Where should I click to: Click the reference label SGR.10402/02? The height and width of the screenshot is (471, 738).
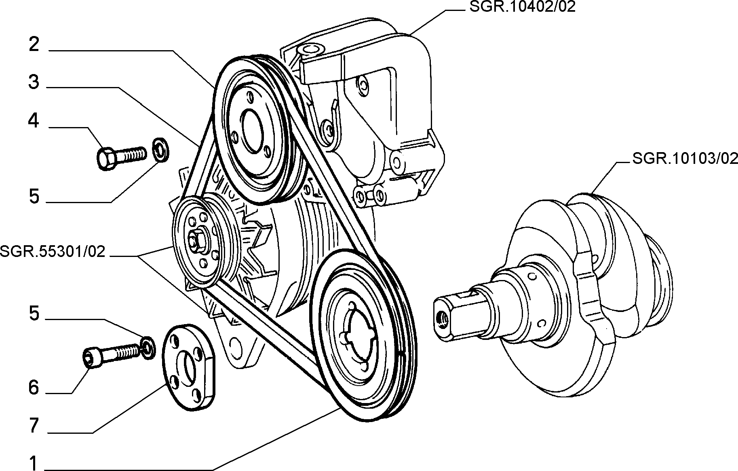click(522, 7)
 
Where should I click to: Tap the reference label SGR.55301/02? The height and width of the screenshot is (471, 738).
click(53, 252)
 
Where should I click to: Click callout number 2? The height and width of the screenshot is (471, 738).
click(34, 45)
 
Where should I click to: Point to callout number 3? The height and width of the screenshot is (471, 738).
click(34, 82)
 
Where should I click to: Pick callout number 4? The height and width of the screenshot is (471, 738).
click(34, 121)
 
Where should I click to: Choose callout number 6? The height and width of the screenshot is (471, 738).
click(34, 388)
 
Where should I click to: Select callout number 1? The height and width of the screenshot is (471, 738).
click(34, 463)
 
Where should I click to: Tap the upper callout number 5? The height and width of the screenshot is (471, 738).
click(34, 197)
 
